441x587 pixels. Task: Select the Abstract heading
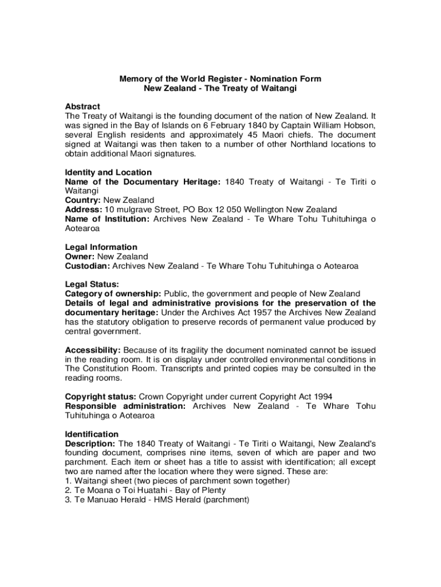coord(82,107)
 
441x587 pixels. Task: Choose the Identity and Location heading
coord(108,173)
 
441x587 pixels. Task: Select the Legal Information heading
coord(101,248)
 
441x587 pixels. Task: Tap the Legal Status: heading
coord(92,285)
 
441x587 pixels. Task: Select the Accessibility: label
coord(93,350)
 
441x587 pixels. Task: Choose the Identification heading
coord(92,435)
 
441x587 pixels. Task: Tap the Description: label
coord(91,444)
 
